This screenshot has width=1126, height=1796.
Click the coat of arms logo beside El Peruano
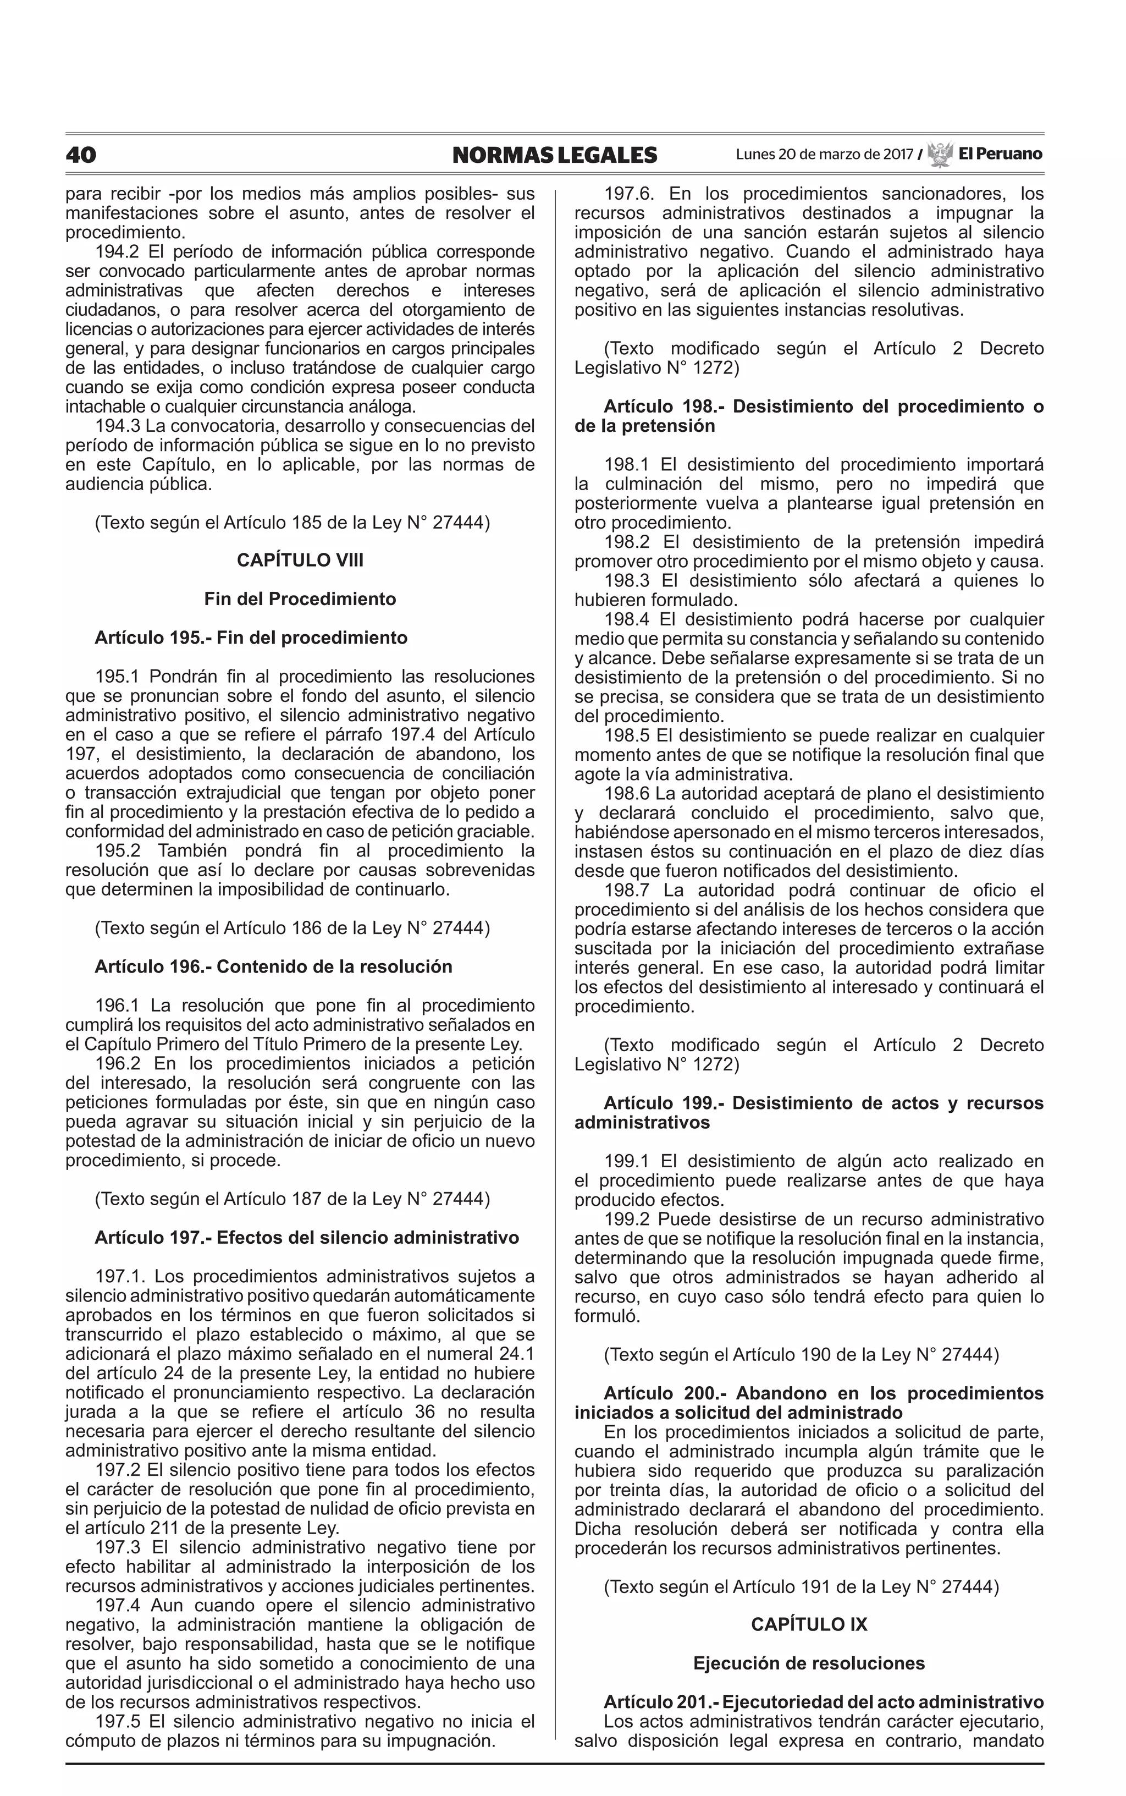(x=940, y=154)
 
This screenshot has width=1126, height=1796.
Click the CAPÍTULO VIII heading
(x=300, y=560)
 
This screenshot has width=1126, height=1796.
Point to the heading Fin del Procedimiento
(x=300, y=599)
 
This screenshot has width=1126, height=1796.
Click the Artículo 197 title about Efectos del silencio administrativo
(x=307, y=1237)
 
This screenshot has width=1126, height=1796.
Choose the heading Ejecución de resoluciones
(x=809, y=1663)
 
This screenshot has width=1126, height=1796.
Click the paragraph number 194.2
(x=117, y=251)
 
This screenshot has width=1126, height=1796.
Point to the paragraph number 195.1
(x=117, y=677)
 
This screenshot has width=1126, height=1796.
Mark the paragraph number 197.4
(x=117, y=1605)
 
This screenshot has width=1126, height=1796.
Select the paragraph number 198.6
(x=626, y=793)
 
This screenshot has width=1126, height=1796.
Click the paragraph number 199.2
(x=626, y=1218)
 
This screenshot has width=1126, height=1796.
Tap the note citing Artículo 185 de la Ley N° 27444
(x=292, y=522)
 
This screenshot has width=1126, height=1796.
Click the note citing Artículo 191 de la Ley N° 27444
(x=801, y=1586)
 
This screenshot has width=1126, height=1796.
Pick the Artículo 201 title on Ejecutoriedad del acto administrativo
(x=824, y=1701)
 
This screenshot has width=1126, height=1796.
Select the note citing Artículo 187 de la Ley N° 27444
(x=292, y=1199)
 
